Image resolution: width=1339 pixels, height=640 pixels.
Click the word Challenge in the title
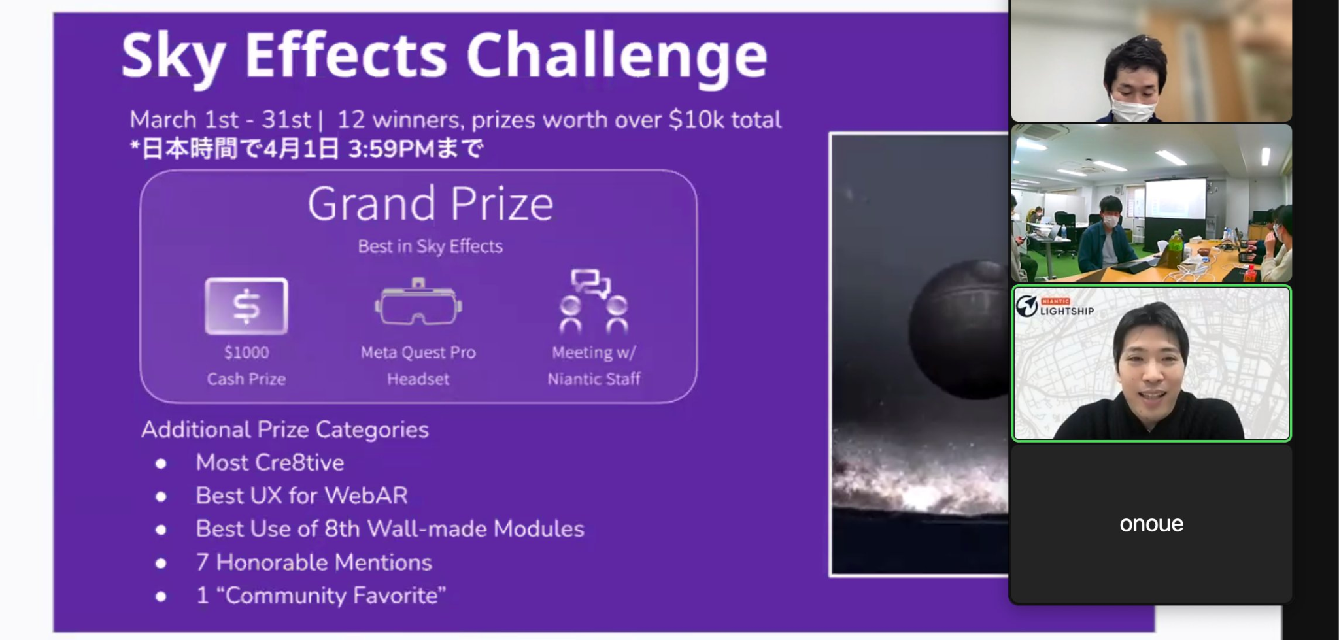[x=616, y=58]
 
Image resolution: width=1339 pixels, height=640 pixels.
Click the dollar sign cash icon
[x=246, y=306]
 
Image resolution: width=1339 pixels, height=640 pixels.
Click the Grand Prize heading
[x=430, y=204]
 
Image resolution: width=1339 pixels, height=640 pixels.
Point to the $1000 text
[x=246, y=352]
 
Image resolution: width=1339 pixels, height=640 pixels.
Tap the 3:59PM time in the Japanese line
[x=390, y=149]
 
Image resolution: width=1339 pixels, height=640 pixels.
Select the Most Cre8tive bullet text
[x=269, y=463]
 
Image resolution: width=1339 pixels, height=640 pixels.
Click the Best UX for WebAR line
[x=301, y=496]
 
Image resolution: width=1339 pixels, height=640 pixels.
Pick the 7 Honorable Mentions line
[x=314, y=562]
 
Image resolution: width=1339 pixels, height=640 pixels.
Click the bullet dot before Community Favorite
[x=161, y=596]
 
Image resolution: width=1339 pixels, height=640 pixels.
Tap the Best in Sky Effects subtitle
[x=430, y=246]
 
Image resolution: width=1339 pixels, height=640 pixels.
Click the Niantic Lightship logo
[x=1054, y=306]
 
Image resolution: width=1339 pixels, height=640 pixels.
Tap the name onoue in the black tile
[x=1151, y=524]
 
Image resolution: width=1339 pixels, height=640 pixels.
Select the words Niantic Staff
[x=594, y=379]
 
